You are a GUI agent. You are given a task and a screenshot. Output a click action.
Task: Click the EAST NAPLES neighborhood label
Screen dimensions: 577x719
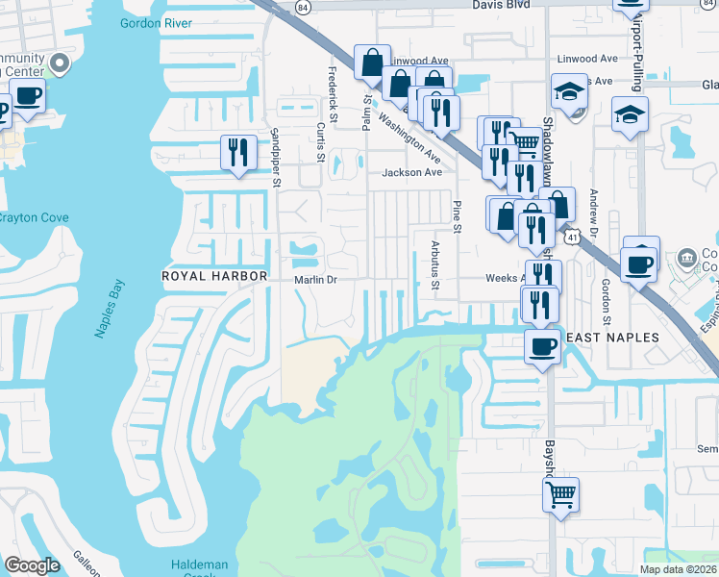coord(611,338)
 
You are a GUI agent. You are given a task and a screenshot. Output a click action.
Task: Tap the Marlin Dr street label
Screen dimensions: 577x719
coord(316,280)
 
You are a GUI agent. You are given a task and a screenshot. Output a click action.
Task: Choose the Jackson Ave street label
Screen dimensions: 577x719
coord(411,173)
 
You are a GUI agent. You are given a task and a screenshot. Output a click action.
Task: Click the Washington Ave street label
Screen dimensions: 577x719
coord(409,138)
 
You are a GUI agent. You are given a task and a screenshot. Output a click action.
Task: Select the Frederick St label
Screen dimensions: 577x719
coord(334,94)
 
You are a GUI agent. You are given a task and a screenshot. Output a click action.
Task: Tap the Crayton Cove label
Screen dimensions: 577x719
coord(33,218)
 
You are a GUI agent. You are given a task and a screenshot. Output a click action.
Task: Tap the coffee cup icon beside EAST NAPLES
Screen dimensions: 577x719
coord(543,345)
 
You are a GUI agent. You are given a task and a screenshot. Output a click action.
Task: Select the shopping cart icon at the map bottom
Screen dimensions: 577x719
coord(560,494)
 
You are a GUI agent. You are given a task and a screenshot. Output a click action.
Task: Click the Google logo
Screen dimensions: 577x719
coord(32,565)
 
